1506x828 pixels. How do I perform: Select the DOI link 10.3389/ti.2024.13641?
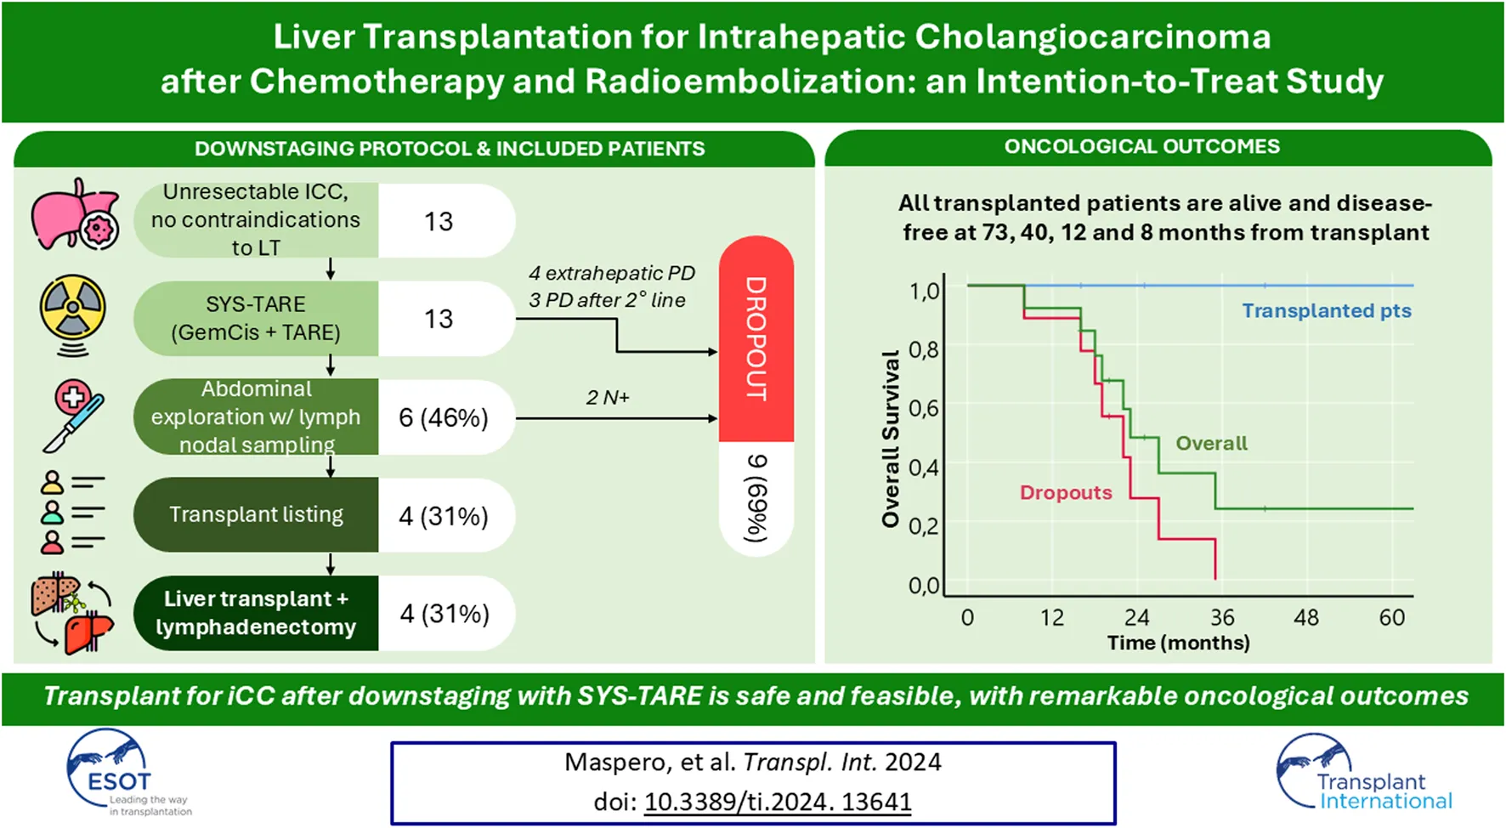(x=777, y=802)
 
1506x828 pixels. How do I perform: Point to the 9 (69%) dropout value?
(x=756, y=498)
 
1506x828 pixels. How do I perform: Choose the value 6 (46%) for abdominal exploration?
(x=444, y=417)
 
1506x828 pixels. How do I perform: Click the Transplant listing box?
(x=256, y=514)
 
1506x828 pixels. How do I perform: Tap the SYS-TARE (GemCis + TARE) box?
(x=256, y=319)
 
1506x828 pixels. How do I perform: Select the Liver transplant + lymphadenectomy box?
(x=256, y=613)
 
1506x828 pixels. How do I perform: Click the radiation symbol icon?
(x=73, y=311)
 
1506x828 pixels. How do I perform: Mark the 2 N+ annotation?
(x=607, y=398)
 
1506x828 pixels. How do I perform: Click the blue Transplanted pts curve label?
(x=1326, y=311)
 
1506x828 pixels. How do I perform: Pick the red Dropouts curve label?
(x=1066, y=493)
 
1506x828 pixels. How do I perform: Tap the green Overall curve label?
(x=1211, y=443)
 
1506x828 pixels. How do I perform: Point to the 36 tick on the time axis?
(x=1222, y=617)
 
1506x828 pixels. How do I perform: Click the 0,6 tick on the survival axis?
(x=924, y=408)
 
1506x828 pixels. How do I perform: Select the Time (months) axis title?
(x=1178, y=643)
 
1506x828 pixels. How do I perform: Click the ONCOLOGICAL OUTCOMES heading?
(x=1141, y=146)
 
